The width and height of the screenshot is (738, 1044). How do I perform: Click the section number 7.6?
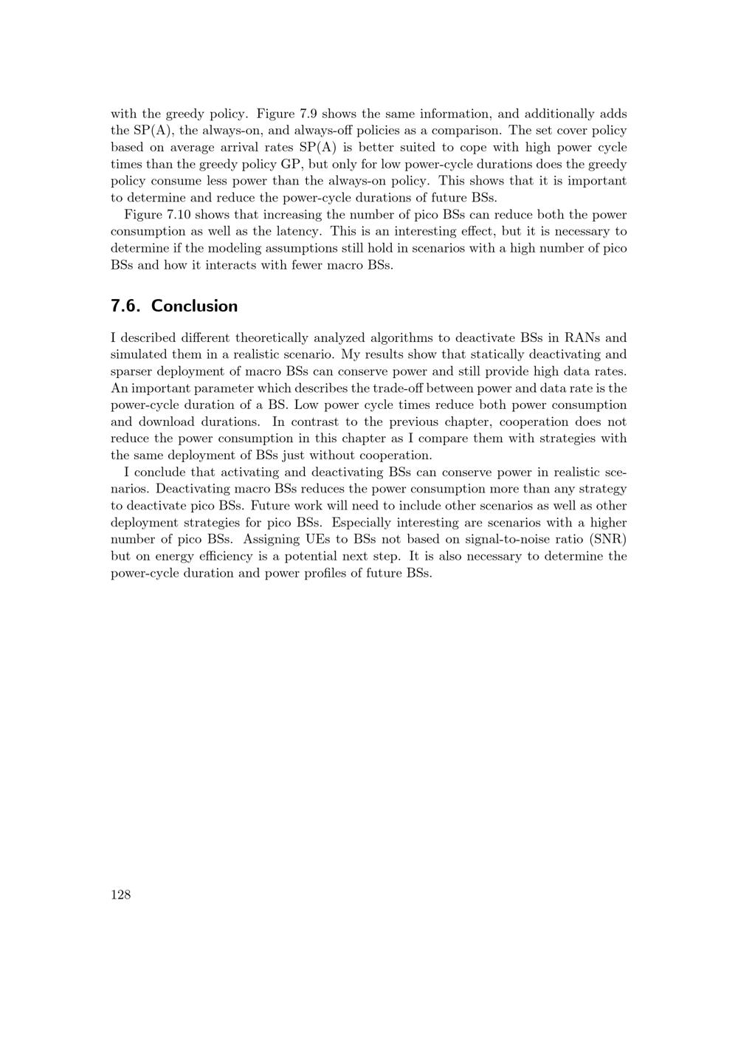click(x=126, y=306)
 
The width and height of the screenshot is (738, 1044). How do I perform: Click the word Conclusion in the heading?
click(x=195, y=306)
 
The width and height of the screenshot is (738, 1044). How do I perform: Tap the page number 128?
click(x=120, y=895)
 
